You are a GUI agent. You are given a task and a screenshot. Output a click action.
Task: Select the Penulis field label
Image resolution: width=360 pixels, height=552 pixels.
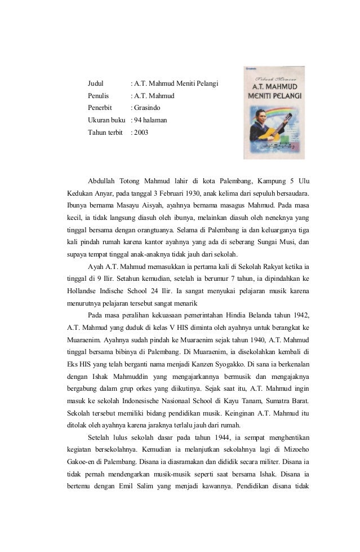coord(99,96)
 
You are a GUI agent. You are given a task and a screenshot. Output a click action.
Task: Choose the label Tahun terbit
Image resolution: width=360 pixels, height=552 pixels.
coord(105,133)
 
